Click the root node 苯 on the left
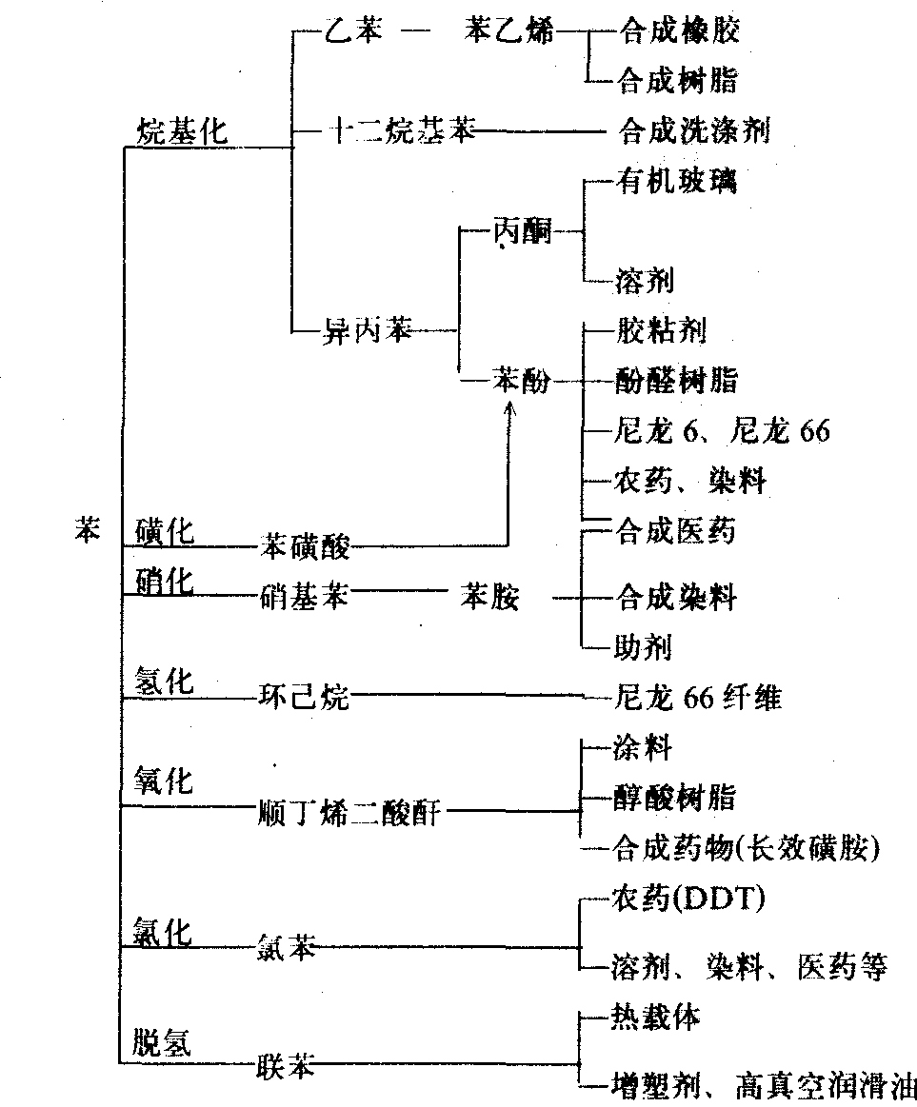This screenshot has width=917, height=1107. pyautogui.click(x=87, y=531)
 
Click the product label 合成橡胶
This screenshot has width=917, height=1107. pyautogui.click(x=678, y=30)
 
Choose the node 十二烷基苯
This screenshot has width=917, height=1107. pyautogui.click(x=399, y=131)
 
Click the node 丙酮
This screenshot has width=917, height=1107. pyautogui.click(x=523, y=231)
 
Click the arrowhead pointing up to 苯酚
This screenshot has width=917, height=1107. pyautogui.click(x=508, y=407)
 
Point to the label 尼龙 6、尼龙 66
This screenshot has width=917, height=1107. pyautogui.click(x=720, y=431)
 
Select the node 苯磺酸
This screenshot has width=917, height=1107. pyautogui.click(x=305, y=546)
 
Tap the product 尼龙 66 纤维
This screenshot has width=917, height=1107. pyautogui.click(x=698, y=698)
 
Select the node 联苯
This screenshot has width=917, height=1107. pyautogui.click(x=286, y=1065)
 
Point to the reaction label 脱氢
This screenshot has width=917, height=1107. pyautogui.click(x=162, y=1044)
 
